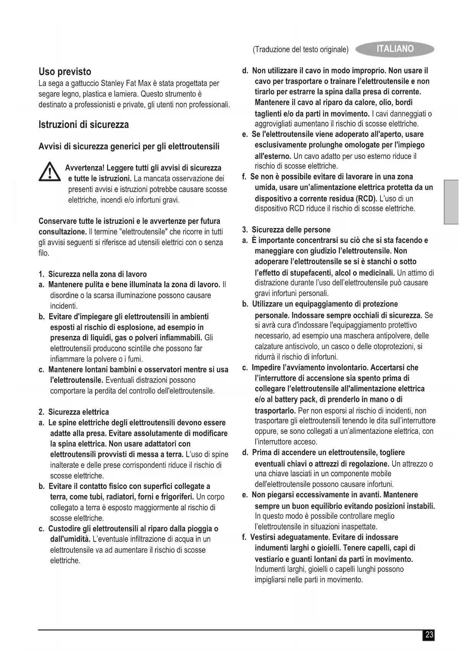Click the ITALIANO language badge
coord(395,49)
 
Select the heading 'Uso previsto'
coord(65,72)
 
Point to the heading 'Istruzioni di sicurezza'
coord(84,125)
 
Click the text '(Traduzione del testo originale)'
coord(301,50)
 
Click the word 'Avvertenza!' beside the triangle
coord(85,168)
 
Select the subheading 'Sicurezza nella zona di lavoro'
coord(97,274)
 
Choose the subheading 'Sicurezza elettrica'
coord(78,412)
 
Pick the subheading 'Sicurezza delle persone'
coord(291,230)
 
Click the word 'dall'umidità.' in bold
coord(70,539)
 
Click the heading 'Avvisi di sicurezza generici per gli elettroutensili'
coord(129,147)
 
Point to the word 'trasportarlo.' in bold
coord(275,411)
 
